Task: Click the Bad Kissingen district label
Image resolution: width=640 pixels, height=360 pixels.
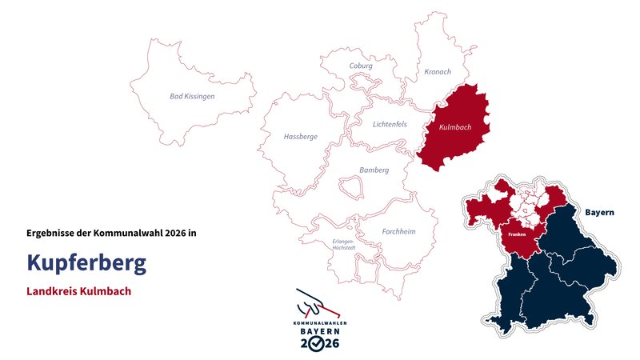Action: pyautogui.click(x=192, y=96)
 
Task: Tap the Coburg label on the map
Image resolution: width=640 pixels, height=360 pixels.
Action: pyautogui.click(x=361, y=66)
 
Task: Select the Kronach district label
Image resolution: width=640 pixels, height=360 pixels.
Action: pyautogui.click(x=437, y=72)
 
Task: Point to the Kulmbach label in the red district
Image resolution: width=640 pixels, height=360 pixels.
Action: pyautogui.click(x=455, y=128)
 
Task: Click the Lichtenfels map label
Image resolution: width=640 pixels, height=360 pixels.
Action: pyautogui.click(x=390, y=124)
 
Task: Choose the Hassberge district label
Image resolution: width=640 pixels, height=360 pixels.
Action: pyautogui.click(x=301, y=137)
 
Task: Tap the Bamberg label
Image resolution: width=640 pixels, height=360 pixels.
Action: pyautogui.click(x=374, y=170)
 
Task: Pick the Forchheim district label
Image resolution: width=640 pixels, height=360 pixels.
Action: pyautogui.click(x=399, y=232)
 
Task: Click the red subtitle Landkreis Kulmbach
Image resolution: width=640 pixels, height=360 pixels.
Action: pyautogui.click(x=78, y=291)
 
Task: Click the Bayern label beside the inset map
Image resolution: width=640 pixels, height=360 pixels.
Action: pyautogui.click(x=599, y=213)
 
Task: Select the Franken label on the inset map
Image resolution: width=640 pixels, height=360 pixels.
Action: pyautogui.click(x=516, y=235)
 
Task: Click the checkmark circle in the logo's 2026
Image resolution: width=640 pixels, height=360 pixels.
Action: pyautogui.click(x=318, y=343)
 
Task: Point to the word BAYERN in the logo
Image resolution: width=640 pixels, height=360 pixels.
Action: pyautogui.click(x=319, y=331)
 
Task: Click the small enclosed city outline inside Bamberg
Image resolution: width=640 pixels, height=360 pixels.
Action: pyautogui.click(x=350, y=188)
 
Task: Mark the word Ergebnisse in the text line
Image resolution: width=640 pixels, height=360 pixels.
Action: pyautogui.click(x=53, y=233)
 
